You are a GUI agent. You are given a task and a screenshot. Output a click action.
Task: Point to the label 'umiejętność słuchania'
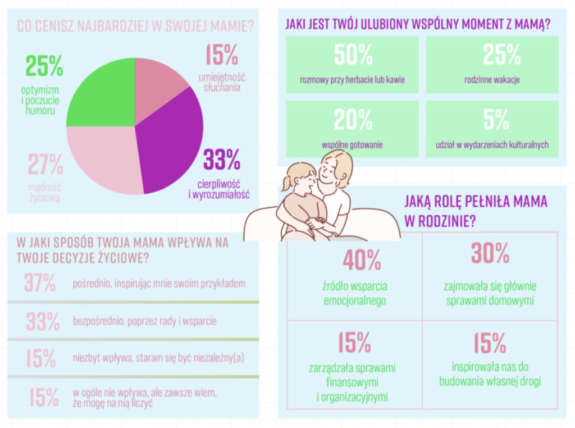click(x=222, y=83)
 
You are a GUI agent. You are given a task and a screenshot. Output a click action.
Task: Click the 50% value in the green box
click(x=353, y=54)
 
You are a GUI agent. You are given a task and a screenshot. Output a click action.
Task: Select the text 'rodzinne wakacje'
click(x=492, y=80)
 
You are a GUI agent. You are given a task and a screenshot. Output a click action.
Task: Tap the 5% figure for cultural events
click(x=492, y=120)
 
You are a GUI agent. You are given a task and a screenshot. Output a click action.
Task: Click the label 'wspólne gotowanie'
click(x=353, y=145)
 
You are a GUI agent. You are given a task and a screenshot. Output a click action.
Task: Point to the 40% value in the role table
click(x=362, y=259)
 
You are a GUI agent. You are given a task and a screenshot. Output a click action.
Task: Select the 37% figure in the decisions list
click(x=40, y=283)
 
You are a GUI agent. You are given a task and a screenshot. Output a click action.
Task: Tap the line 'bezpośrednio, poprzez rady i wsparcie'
click(x=145, y=322)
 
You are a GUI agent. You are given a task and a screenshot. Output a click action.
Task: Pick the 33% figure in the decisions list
click(x=43, y=322)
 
